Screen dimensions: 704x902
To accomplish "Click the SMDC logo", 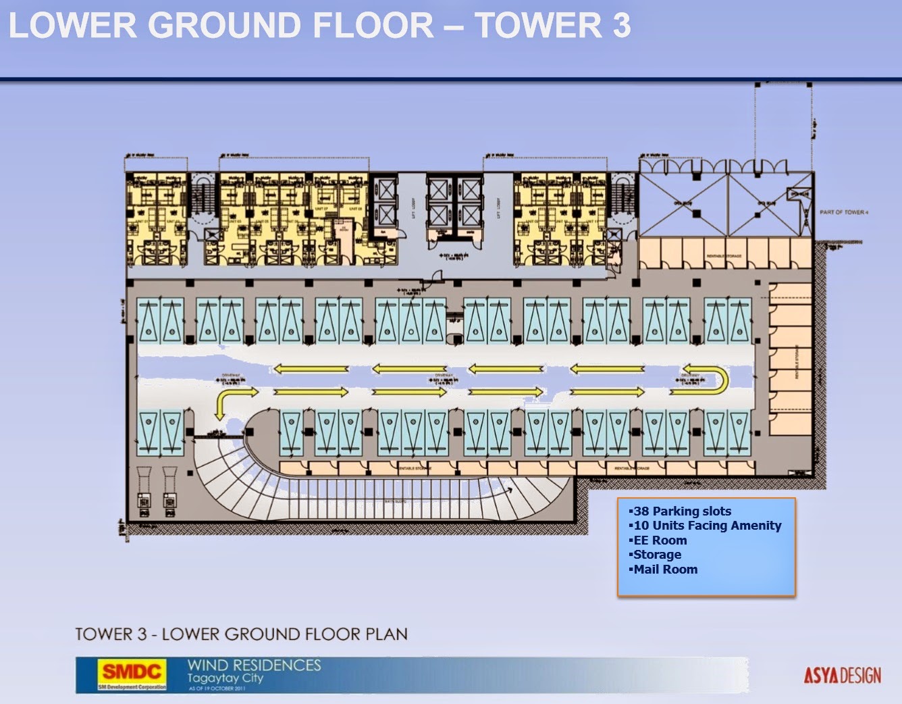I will [x=132, y=672].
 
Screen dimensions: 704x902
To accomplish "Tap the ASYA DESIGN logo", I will [x=842, y=675].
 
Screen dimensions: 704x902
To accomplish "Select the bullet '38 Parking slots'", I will [x=682, y=511].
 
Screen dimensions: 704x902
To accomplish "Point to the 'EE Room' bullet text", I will [x=660, y=540].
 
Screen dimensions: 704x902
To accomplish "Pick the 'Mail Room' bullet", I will [x=665, y=570].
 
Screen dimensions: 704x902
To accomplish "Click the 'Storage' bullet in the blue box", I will [x=657, y=555].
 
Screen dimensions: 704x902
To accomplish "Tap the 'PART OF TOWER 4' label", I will [x=844, y=212].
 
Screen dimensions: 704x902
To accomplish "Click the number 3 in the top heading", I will [x=621, y=26].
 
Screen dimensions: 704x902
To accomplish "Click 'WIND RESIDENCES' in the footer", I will [x=254, y=665].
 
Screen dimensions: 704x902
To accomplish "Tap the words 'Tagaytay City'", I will [x=225, y=678].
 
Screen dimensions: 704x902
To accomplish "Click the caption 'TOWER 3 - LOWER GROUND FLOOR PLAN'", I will [x=241, y=634].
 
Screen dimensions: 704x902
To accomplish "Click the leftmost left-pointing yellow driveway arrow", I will [x=311, y=369].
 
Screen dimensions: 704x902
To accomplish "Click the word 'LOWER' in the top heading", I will [x=72, y=26].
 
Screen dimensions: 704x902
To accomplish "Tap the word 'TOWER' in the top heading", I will [x=537, y=26].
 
